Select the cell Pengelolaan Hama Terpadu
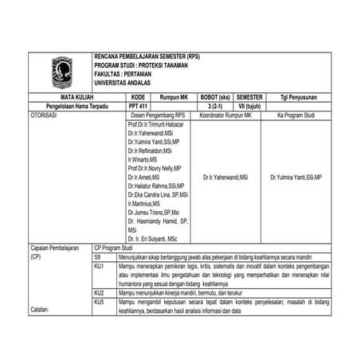point(77,105)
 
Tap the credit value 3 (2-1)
point(214,105)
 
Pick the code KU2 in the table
point(100,293)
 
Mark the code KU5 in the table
point(100,303)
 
